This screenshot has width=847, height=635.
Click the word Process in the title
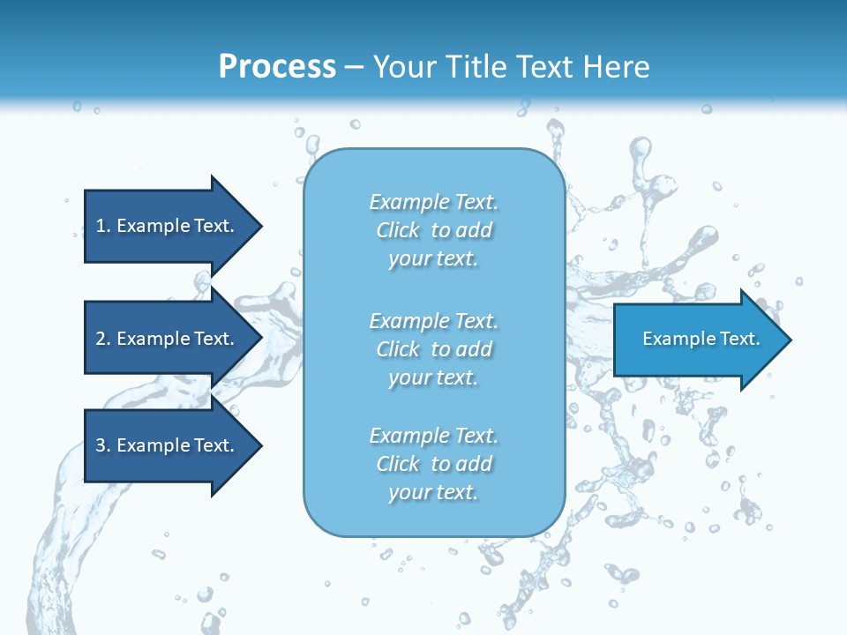[x=277, y=67]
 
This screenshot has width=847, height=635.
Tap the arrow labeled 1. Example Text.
[x=168, y=226]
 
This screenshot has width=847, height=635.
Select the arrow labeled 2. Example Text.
[x=168, y=339]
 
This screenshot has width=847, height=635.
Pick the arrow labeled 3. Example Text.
[x=168, y=445]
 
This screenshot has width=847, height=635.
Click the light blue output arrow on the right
[x=697, y=339]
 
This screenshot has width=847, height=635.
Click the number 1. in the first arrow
[x=103, y=226]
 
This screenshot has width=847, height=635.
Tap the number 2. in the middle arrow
[x=103, y=339]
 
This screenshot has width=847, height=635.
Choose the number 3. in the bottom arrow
[x=103, y=445]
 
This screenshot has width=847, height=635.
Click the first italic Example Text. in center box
[x=433, y=202]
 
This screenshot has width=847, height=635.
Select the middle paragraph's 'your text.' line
[x=433, y=377]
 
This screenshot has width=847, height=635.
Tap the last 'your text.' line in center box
[x=433, y=492]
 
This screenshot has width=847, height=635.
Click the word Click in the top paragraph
[x=398, y=230]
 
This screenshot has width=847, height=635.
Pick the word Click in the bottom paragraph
[x=398, y=464]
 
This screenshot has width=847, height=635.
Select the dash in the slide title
[x=355, y=68]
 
